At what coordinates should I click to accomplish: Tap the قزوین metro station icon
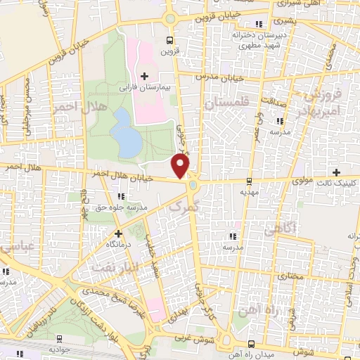(x=169, y=39)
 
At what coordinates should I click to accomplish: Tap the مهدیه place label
(x=250, y=191)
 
